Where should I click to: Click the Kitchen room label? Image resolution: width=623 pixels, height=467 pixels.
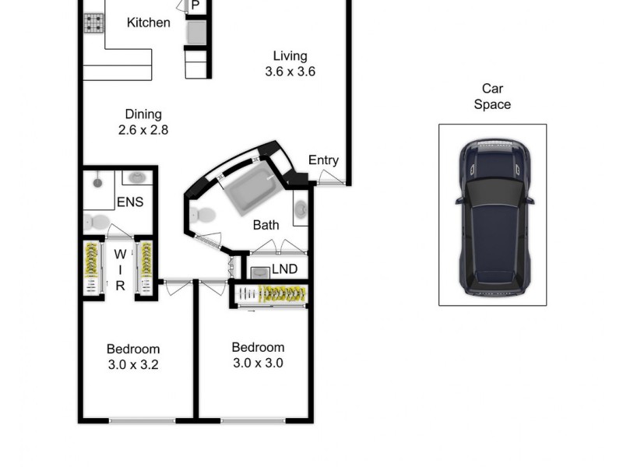pos(148,23)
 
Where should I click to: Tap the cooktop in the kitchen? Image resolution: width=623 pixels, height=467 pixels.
pos(94,23)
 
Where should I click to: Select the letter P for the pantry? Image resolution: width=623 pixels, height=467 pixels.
pos(195,5)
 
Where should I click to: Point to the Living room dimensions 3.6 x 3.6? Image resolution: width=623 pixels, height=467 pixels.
pos(289,72)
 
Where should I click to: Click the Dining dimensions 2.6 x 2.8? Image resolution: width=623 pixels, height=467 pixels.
pos(143,130)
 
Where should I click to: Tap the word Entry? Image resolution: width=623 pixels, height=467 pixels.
pos(323,160)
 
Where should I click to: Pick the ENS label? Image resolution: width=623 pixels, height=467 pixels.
pos(130,202)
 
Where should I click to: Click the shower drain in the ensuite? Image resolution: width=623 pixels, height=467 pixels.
pos(97,184)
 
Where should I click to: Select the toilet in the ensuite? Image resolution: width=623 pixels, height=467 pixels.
pos(94,222)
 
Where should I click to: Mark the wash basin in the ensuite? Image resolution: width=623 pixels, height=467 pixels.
pos(137,178)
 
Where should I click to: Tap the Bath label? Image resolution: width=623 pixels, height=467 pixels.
pos(266,226)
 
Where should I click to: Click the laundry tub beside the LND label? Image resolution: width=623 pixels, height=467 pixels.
pos(258,272)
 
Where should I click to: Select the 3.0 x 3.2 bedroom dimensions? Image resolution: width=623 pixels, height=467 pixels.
pos(133,364)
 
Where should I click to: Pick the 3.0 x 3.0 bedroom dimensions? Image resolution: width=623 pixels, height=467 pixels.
pos(258,363)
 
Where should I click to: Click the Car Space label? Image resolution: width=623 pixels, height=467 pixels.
pos(492,97)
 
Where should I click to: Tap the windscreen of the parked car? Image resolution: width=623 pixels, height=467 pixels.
pos(494,190)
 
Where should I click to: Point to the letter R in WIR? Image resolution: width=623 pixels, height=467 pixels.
pos(121,286)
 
